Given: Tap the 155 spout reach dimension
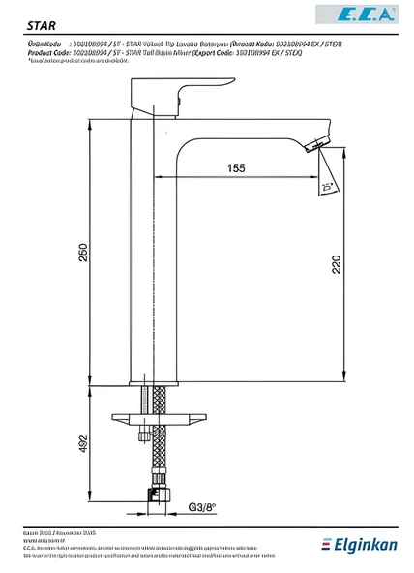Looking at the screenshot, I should tap(236, 167).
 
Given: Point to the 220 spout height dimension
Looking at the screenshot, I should tap(335, 264).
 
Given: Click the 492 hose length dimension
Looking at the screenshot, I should tap(84, 443).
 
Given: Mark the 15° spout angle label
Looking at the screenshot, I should tap(328, 186).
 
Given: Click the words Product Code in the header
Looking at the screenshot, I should tap(46, 52).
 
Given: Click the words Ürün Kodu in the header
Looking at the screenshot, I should tap(44, 45).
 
